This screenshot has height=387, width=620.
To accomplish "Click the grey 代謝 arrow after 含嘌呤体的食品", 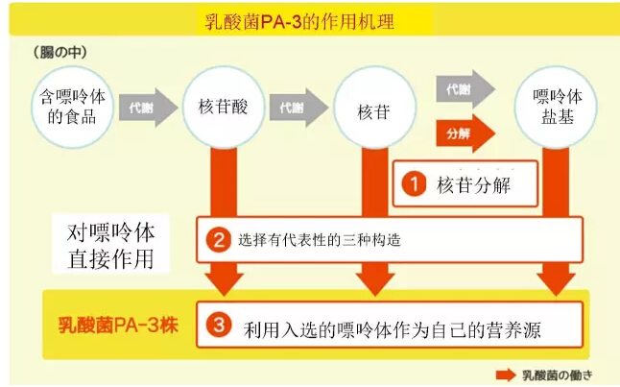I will pyautogui.click(x=153, y=108).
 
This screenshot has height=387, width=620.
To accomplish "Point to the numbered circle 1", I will pyautogui.click(x=414, y=184).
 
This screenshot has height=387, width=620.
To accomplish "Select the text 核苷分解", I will pyautogui.click(x=473, y=185).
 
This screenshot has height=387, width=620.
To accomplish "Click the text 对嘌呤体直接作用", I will pyautogui.click(x=110, y=245).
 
